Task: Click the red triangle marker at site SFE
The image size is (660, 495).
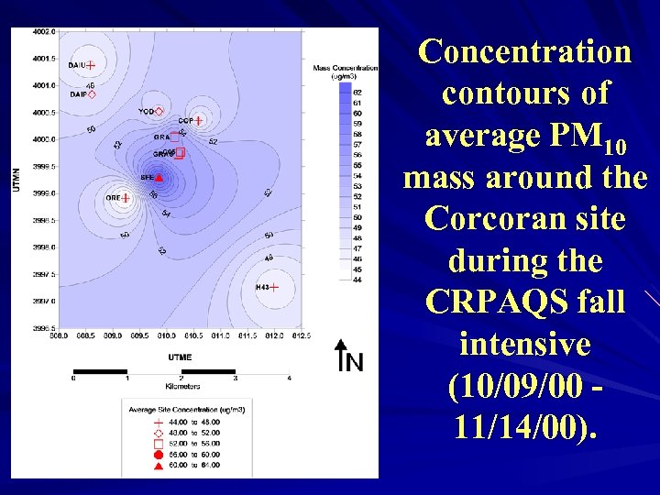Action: pyautogui.click(x=159, y=177)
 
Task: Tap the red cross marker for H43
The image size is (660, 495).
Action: pyautogui.click(x=273, y=288)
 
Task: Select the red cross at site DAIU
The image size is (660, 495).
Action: pyautogui.click(x=91, y=64)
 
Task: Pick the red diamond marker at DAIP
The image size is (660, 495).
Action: pyautogui.click(x=92, y=93)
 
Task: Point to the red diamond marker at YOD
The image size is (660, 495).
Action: pyautogui.click(x=159, y=111)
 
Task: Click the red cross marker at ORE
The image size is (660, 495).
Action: pyautogui.click(x=125, y=197)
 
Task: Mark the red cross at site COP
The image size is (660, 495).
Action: pyautogui.click(x=197, y=120)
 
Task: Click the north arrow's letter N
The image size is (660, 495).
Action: pyautogui.click(x=355, y=363)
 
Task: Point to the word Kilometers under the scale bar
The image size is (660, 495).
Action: pyautogui.click(x=180, y=387)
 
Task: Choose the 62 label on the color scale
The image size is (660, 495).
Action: pyautogui.click(x=357, y=93)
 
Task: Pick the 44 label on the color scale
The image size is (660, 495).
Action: pyautogui.click(x=357, y=280)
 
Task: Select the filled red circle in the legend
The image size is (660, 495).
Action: pyautogui.click(x=158, y=454)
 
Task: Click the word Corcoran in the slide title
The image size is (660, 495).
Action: pyautogui.click(x=525, y=219)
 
